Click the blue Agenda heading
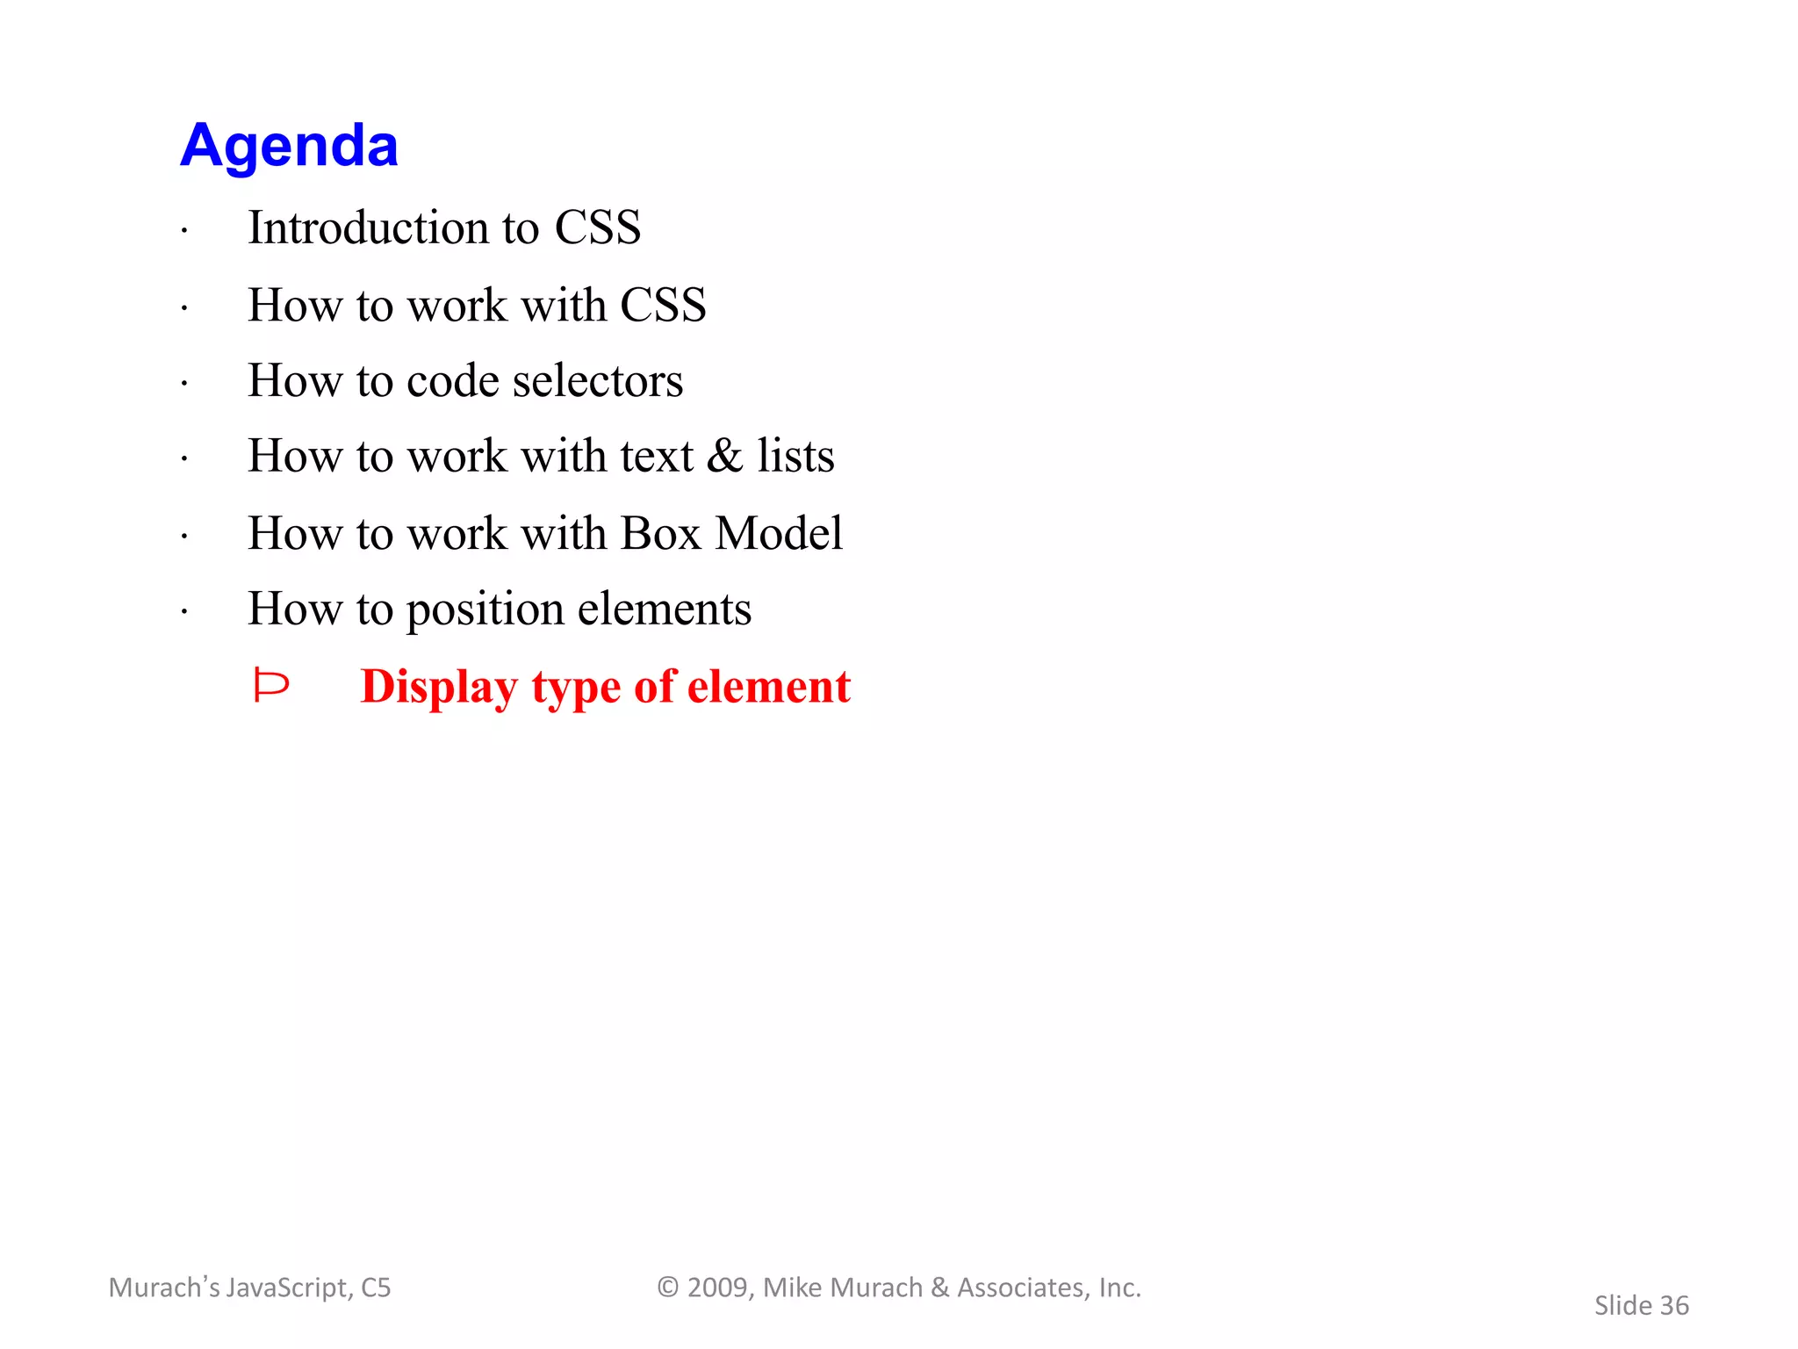[289, 146]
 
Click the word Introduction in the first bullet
[368, 227]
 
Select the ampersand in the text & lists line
[724, 456]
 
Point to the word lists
[795, 456]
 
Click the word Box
[660, 533]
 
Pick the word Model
[779, 533]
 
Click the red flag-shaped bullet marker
[270, 685]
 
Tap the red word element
[769, 686]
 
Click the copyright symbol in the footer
[668, 1288]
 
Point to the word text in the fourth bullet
[656, 457]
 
